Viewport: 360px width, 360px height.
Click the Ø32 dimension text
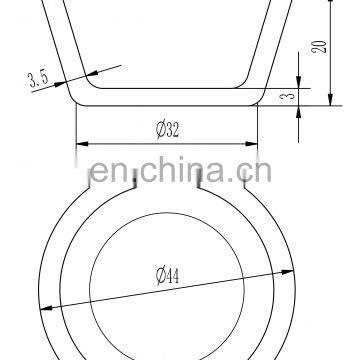point(166,130)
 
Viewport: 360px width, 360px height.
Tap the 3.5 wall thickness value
point(39,78)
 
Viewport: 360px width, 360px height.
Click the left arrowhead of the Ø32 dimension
point(81,141)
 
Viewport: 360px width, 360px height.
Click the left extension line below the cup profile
point(76,125)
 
